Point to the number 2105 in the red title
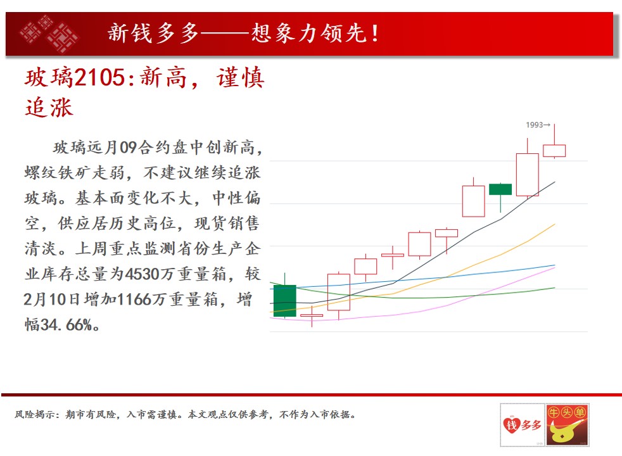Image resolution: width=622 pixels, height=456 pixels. point(100,77)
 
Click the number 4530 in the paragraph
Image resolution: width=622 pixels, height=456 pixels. point(142,274)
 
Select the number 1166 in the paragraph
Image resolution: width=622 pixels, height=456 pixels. point(134,300)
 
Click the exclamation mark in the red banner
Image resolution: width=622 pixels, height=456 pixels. point(374,34)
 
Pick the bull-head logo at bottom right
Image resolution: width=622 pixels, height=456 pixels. point(567,425)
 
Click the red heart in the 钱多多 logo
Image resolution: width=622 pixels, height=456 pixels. point(511,426)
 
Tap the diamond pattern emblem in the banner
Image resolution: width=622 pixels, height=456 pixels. point(49,34)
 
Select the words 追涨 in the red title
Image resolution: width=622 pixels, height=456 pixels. point(49,108)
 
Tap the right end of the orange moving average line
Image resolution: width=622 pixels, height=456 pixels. point(555,224)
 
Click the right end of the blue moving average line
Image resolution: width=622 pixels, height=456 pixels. point(555,265)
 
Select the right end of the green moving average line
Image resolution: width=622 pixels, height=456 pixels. point(555,288)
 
